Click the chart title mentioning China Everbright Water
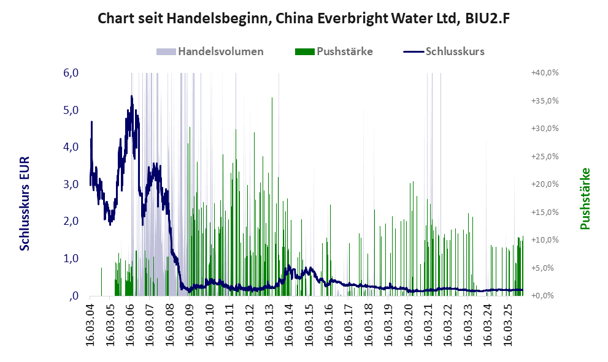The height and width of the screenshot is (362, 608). pos(304,19)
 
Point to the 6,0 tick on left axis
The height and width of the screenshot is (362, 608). pos(71,73)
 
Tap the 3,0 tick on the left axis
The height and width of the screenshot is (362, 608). pos(71,184)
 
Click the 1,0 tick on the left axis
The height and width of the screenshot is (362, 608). pos(71,258)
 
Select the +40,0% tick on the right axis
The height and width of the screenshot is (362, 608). pos(544,73)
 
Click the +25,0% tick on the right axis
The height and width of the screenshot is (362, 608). pos(544,157)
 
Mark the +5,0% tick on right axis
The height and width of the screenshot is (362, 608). pos(544,268)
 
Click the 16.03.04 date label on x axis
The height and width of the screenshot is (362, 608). pos(91,324)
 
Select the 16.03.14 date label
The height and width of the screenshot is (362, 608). pos(289,324)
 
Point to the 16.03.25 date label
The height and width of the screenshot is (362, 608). pos(507,324)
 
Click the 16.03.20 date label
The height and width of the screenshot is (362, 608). pos(408,324)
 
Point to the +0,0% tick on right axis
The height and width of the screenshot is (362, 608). pos(544,296)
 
